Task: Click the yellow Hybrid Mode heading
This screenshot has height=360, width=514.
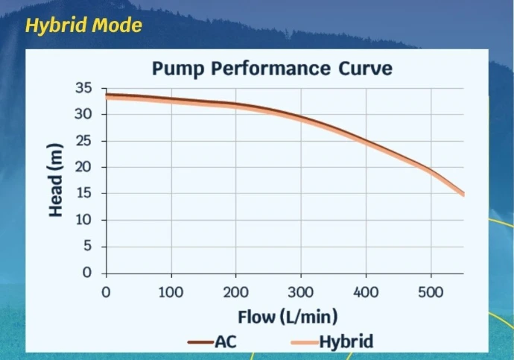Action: pos(83,25)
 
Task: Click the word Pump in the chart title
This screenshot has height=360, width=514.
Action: pos(178,69)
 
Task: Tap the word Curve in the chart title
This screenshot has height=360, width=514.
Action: pos(365,68)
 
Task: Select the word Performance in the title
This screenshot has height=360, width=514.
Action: pos(270,68)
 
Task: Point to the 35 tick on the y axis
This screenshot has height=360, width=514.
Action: pos(84,88)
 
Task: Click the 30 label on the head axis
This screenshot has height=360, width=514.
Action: pos(83,114)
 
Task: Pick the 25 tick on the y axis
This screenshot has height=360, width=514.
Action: pos(84,141)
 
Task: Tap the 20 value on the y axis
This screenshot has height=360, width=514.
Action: pos(83,167)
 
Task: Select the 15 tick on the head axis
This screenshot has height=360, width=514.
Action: pos(84,193)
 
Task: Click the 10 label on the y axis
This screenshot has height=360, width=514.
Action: pos(84,220)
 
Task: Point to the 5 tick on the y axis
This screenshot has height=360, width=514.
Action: pos(87,246)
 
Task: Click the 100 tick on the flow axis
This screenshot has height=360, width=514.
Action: pos(171,292)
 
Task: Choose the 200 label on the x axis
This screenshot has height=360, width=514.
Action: pos(235,292)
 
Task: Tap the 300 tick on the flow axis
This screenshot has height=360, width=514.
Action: pos(301,292)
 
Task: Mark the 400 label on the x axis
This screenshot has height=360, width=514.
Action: pos(366,292)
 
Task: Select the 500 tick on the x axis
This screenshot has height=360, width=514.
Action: pos(431,292)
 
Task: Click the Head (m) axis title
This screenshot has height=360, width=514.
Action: pos(55,180)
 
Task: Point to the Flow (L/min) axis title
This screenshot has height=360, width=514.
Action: pos(288,317)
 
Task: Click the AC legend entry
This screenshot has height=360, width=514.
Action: pos(212,342)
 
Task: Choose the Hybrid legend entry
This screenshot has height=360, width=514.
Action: pos(332,342)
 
